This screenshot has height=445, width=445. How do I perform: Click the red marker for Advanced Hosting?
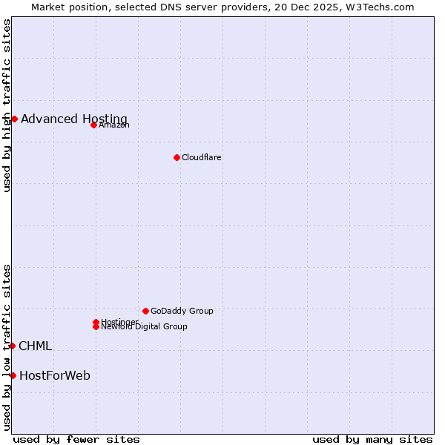point(14,119)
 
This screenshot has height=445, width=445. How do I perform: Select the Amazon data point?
point(93,125)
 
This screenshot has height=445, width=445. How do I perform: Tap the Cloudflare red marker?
point(177,157)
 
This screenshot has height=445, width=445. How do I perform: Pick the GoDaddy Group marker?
point(145,311)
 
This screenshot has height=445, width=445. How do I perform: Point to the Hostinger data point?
point(96,322)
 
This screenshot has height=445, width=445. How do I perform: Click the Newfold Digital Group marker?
point(96,326)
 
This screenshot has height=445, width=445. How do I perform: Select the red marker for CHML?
point(12,346)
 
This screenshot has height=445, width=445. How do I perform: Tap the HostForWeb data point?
point(13,375)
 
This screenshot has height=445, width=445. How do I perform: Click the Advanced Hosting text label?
point(74,119)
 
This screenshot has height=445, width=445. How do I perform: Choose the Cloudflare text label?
point(202,157)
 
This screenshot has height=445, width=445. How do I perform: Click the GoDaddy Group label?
point(182,311)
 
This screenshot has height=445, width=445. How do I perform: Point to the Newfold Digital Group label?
point(145,326)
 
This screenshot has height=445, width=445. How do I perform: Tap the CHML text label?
point(35,346)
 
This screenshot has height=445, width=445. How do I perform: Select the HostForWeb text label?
point(55,375)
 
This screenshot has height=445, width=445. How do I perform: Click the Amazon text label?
point(114,125)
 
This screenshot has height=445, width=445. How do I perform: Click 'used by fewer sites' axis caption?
point(76,439)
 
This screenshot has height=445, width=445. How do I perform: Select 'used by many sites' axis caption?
point(372,439)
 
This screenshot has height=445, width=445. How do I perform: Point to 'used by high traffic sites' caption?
point(7,105)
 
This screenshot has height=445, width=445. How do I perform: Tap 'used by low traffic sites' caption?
point(7,346)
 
